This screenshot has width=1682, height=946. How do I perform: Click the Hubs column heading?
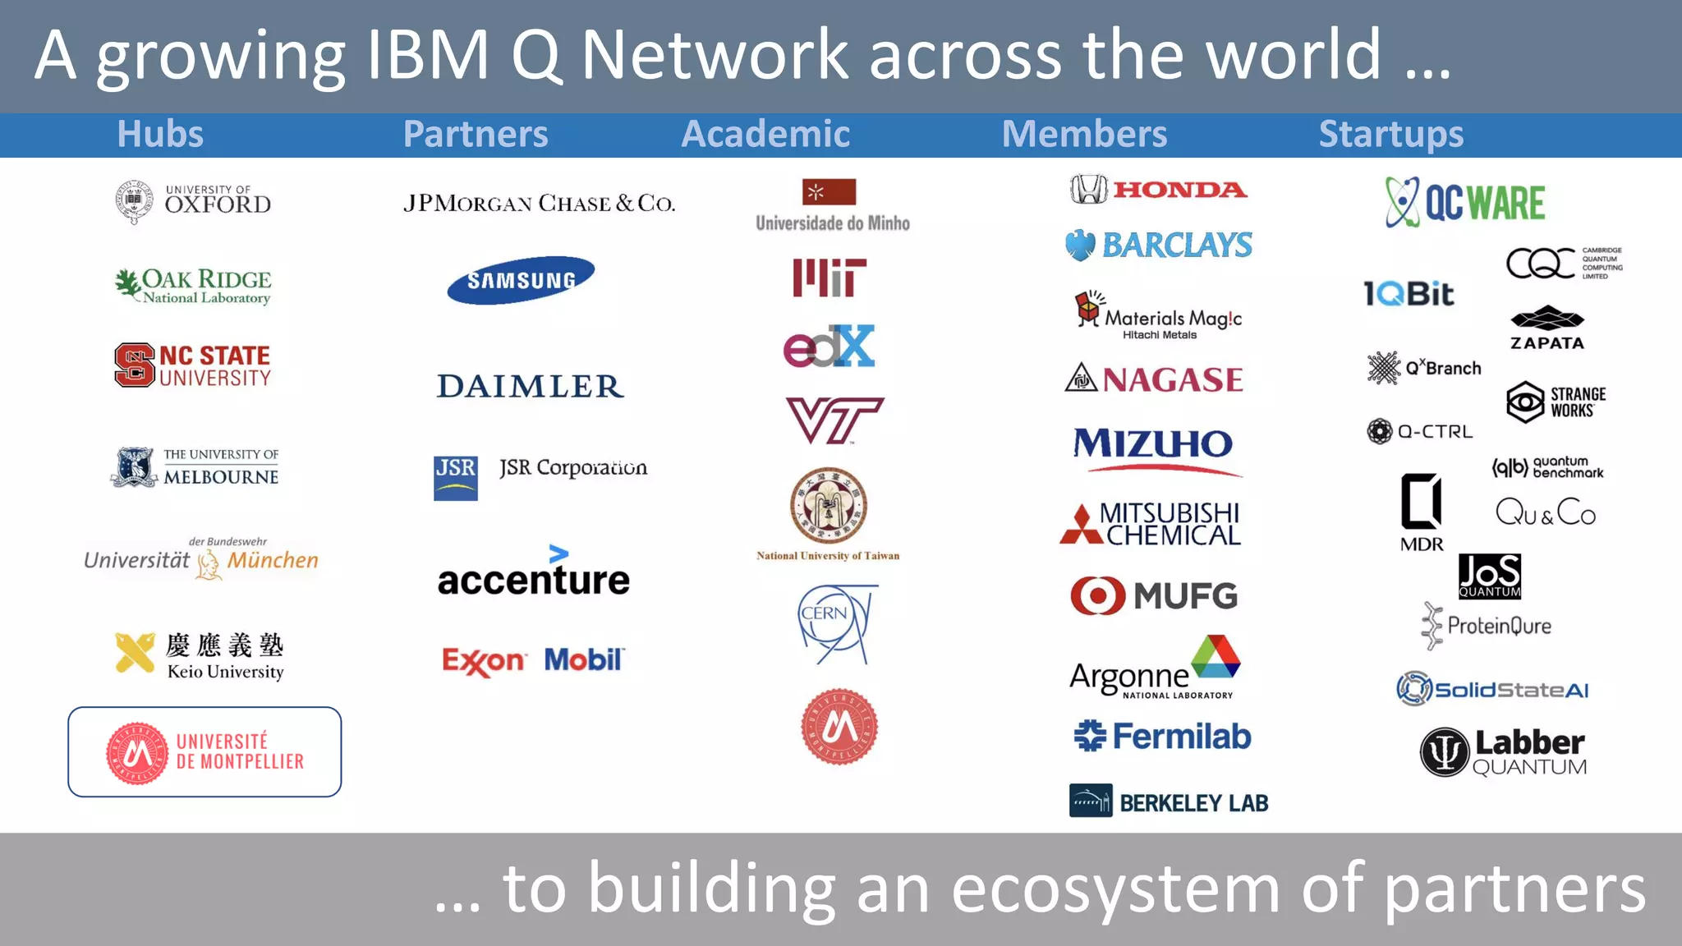160,134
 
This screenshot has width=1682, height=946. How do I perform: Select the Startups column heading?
1390,134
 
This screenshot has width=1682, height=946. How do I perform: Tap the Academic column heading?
765,134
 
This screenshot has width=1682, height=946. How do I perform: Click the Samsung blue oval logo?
521,280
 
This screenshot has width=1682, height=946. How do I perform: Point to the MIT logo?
829,278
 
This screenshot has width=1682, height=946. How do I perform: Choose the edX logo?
829,347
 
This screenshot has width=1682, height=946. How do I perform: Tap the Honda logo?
1159,190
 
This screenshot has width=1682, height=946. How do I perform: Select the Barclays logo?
1159,245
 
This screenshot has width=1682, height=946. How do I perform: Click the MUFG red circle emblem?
1097,595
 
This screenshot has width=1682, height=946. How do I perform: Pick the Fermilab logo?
1162,737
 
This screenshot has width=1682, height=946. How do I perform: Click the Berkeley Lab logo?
1168,801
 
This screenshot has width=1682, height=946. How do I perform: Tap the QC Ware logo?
1464,202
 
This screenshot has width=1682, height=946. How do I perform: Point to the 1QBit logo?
1408,294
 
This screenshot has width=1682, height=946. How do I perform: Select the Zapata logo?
1547,328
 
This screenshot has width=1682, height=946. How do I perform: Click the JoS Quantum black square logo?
1489,576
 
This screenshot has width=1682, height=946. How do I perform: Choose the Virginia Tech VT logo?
834,420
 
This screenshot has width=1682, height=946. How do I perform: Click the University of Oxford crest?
134,201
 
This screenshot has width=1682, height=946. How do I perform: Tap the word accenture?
534,580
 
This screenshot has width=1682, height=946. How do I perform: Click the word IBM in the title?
427,55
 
